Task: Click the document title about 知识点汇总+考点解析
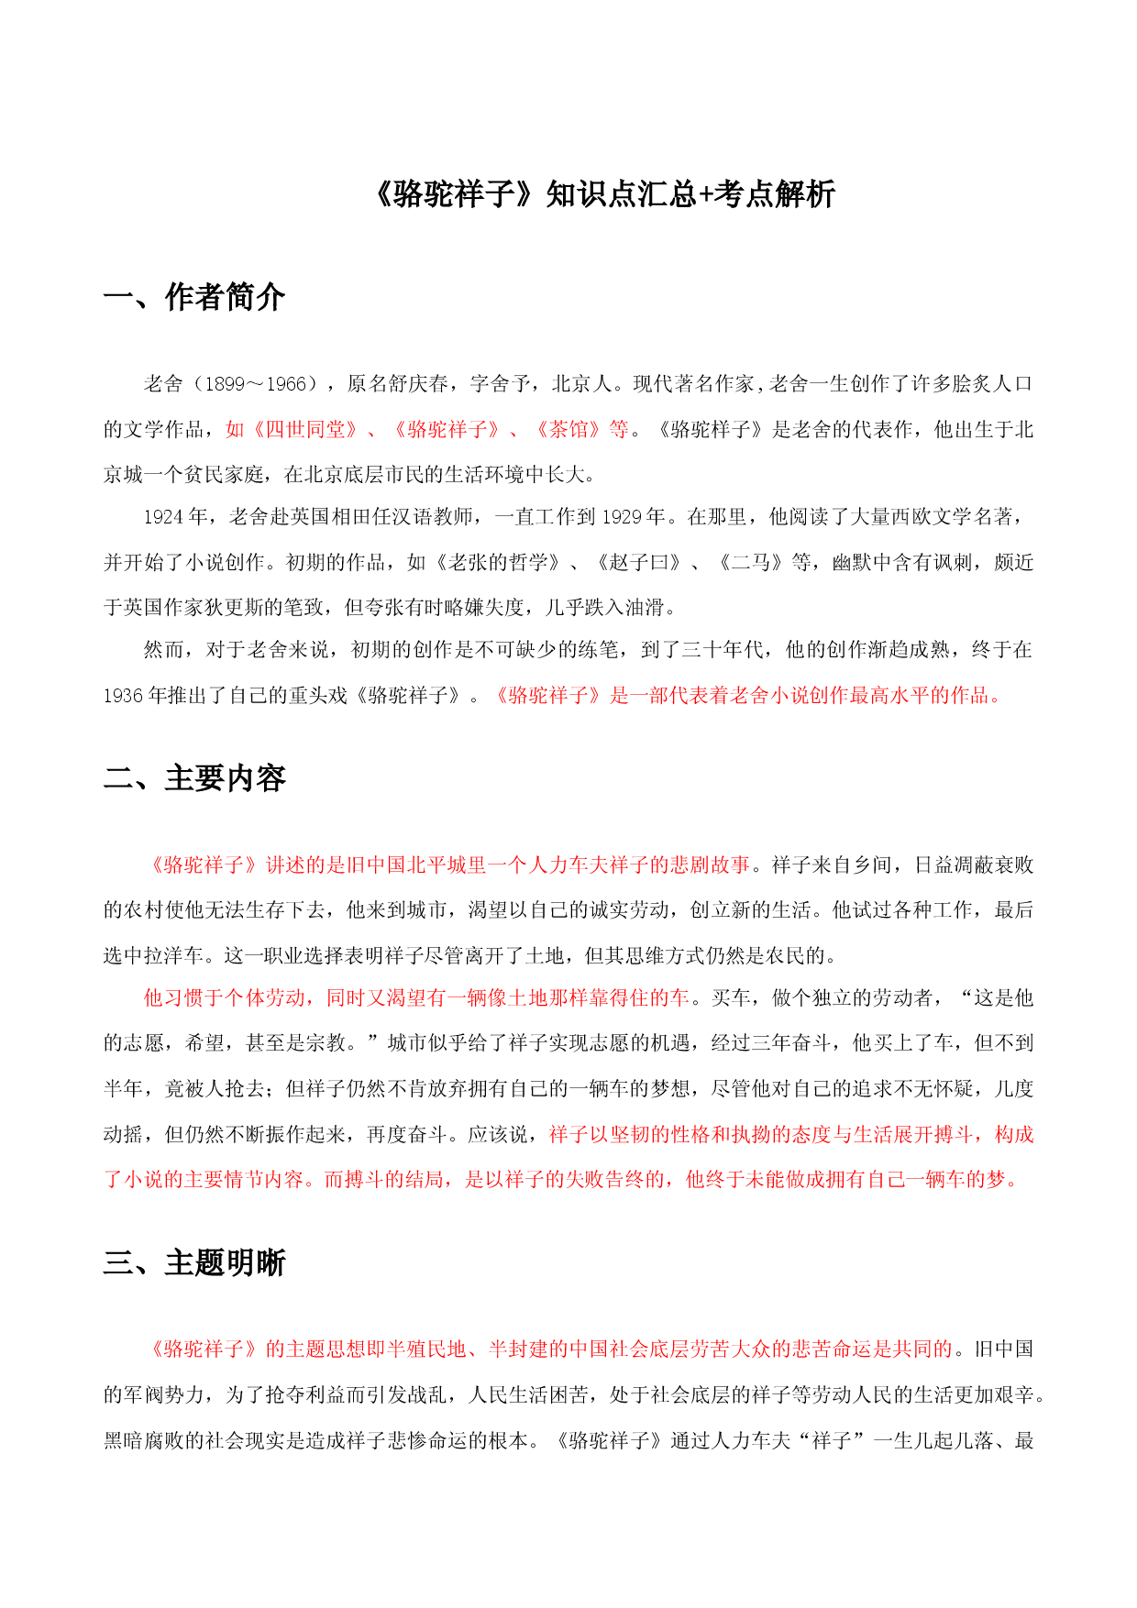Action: point(605,194)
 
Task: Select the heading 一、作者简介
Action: point(194,297)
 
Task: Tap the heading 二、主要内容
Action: point(194,778)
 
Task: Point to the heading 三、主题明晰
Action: point(194,1262)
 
